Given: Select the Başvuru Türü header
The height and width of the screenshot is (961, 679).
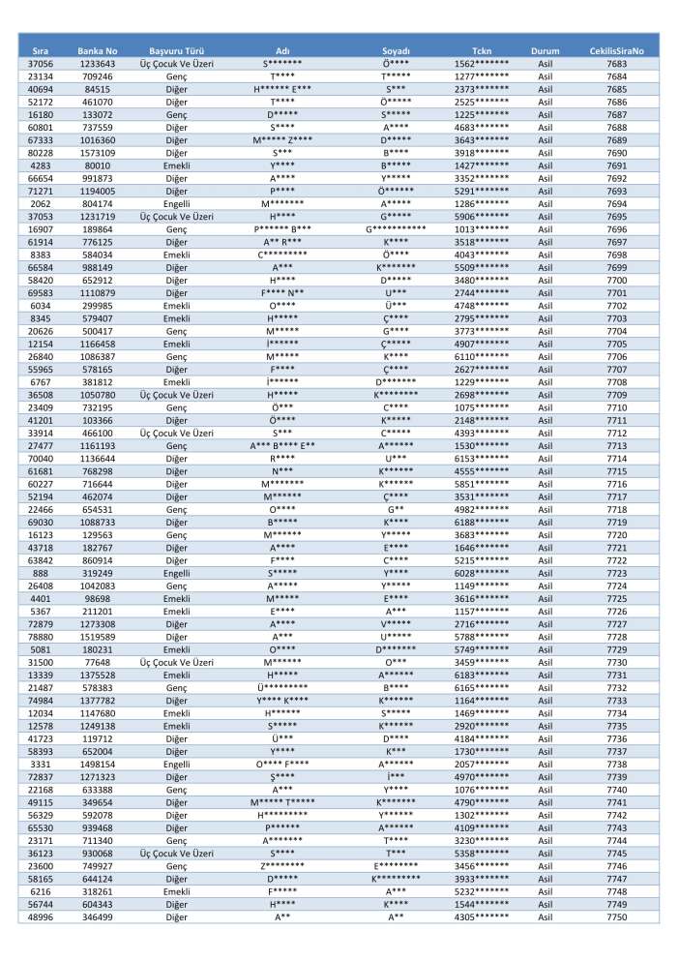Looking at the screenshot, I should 176,49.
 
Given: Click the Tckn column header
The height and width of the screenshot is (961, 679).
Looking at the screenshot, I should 482,49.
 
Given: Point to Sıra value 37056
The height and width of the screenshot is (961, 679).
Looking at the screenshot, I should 41,63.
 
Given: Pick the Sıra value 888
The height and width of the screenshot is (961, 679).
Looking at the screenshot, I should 41,573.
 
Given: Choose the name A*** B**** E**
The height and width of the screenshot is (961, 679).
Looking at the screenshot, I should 283,445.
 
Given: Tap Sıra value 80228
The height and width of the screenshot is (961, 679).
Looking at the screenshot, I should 41,152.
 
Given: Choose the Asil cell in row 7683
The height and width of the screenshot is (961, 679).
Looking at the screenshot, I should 546,63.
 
